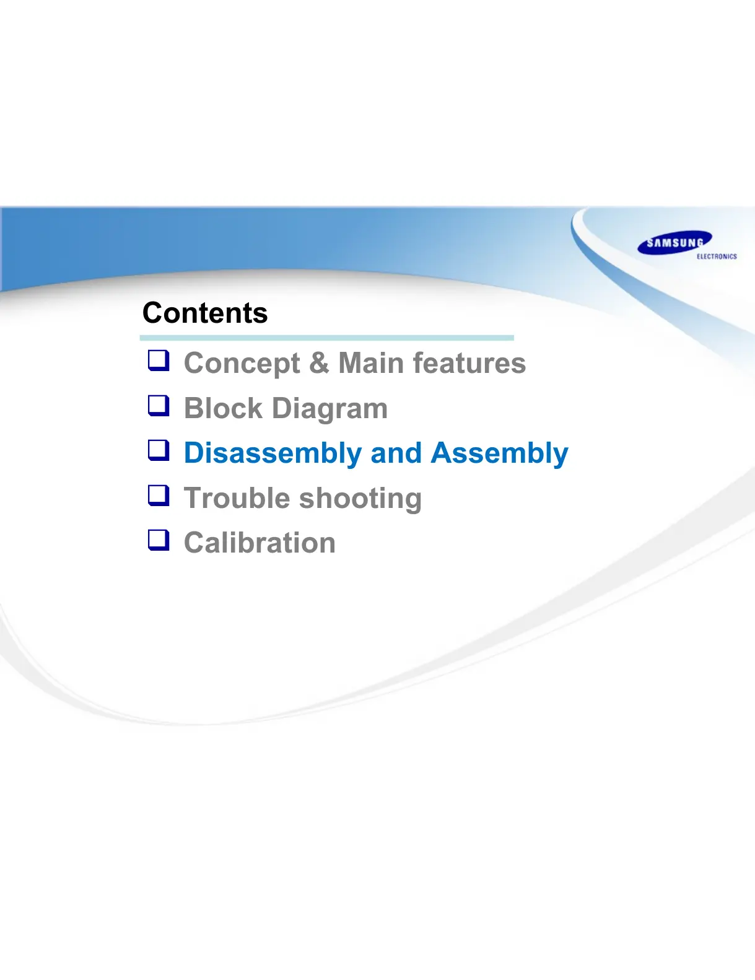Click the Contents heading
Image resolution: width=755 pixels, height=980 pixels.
click(205, 313)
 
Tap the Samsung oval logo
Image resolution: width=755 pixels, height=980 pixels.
click(674, 243)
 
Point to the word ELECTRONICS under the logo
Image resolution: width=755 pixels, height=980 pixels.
click(717, 256)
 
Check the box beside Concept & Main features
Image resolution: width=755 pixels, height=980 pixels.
click(159, 361)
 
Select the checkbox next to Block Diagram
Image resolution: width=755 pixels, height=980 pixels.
click(159, 406)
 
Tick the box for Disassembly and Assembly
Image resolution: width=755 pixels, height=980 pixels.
click(159, 450)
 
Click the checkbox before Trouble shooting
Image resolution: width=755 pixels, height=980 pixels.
click(159, 495)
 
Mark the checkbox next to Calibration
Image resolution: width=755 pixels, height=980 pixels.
click(159, 540)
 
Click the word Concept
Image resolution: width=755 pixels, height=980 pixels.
click(242, 364)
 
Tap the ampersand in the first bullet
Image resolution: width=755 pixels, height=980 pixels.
click(319, 362)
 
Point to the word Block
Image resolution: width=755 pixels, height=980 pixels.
click(223, 408)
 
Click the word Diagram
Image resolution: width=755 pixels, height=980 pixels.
click(329, 409)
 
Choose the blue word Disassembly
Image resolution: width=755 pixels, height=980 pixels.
click(273, 453)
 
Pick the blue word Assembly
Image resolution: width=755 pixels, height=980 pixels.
click(499, 453)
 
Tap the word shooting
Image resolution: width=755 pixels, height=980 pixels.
click(360, 499)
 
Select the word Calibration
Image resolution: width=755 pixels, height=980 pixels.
click(260, 542)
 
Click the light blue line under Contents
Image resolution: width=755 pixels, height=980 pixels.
click(327, 338)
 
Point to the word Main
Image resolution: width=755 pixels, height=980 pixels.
click(371, 362)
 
